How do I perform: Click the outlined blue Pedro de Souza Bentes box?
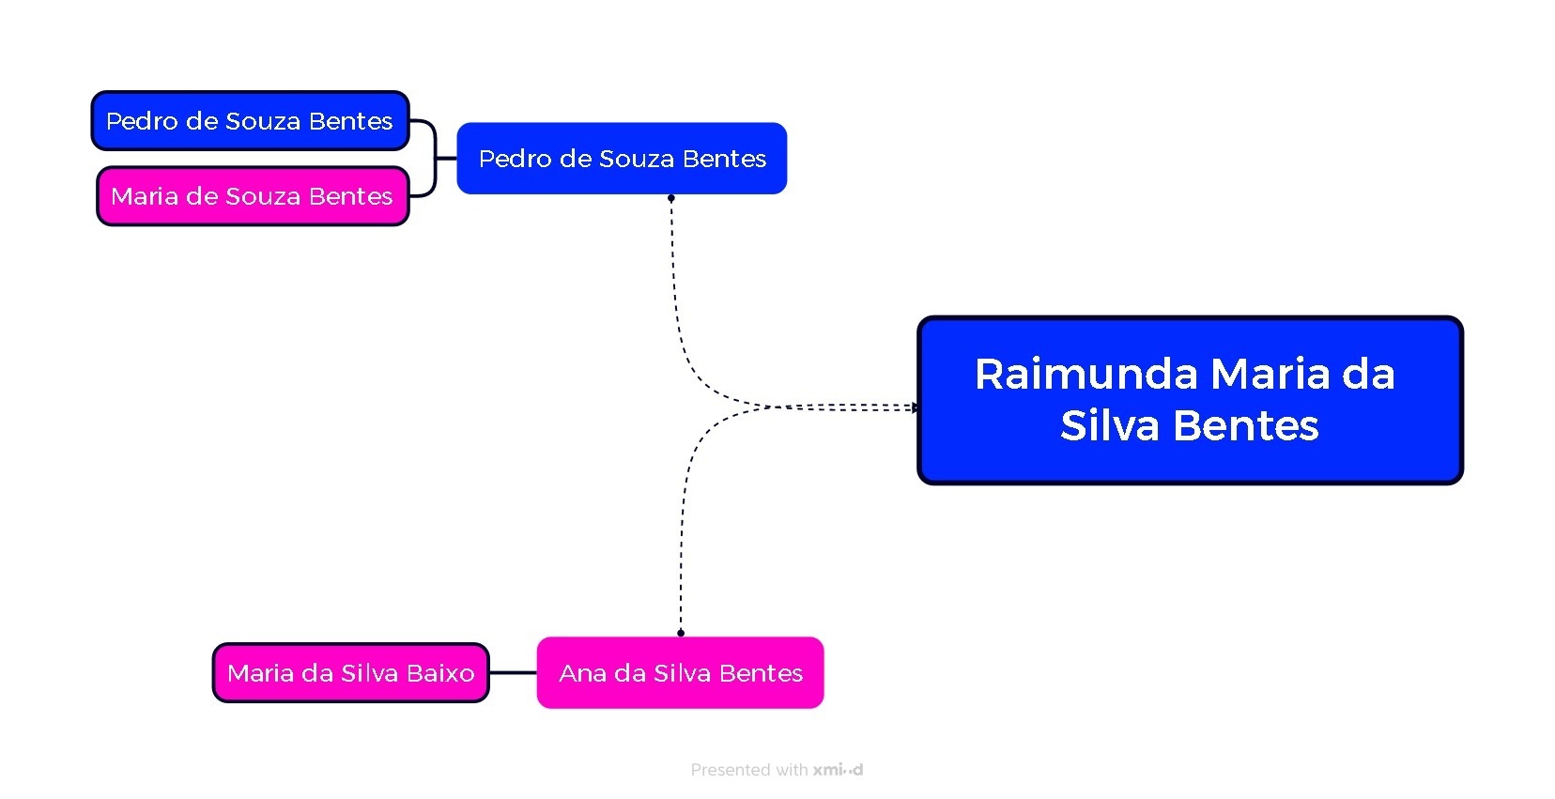[250, 121]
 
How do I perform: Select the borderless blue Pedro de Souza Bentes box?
[622, 159]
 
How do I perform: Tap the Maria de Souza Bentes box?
[253, 196]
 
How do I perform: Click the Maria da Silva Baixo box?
[350, 673]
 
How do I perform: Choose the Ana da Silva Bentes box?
[680, 673]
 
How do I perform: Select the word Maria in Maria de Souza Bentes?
[145, 196]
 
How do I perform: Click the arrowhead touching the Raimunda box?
[915, 407]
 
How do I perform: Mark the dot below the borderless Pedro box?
[671, 198]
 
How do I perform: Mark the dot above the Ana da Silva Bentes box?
[681, 633]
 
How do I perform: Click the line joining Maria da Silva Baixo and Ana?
[513, 673]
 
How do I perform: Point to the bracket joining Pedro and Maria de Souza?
[436, 159]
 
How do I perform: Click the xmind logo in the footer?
[838, 770]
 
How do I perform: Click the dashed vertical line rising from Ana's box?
[682, 545]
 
